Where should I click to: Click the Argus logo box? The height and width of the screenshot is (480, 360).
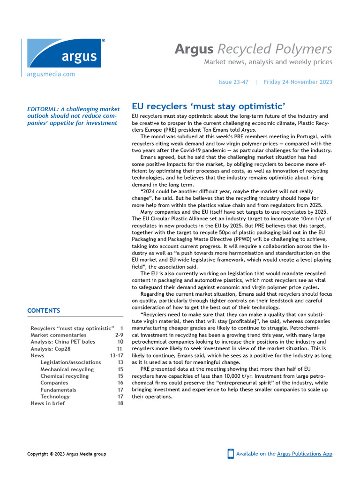pos(64,54)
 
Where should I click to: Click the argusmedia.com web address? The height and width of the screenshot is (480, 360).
pos(51,74)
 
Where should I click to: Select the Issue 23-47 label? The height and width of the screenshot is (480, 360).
pos(233,82)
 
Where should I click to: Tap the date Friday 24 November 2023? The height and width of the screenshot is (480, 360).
pos(298,82)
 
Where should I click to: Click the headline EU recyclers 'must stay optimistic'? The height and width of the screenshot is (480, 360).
pos(209,106)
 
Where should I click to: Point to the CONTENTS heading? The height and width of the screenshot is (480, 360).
pos(44,310)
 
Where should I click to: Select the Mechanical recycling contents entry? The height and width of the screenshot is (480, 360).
pos(67,369)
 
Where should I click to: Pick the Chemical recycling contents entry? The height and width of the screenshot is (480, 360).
pos(64,376)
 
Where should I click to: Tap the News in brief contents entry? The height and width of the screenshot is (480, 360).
pos(48,403)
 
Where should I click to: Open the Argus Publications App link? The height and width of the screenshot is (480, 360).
pos(305,454)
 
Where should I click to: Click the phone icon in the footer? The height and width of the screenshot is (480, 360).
pos(231,454)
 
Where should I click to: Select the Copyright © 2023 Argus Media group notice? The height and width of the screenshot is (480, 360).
pos(67,454)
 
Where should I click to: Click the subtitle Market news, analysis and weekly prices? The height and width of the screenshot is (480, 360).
pos(268,62)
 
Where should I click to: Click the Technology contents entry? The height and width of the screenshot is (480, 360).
pos(55,397)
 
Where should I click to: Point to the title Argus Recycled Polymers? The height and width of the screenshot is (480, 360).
pos(253,49)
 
